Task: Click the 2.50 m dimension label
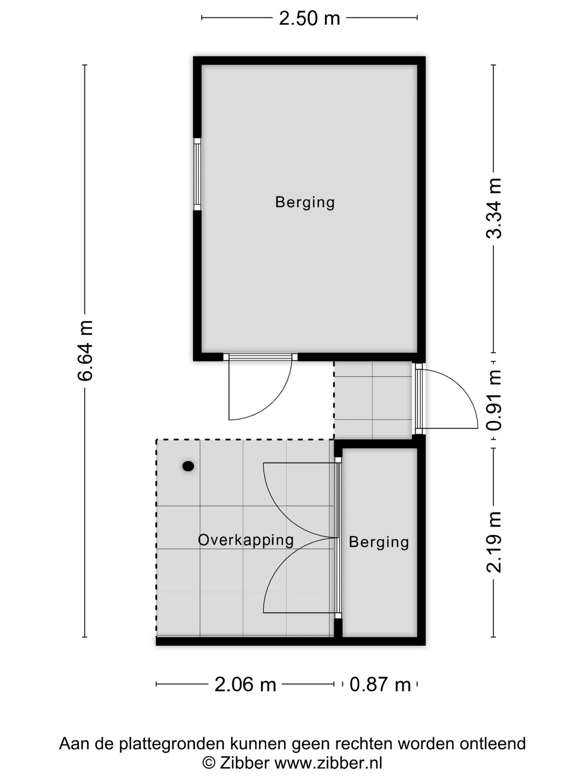click(x=309, y=18)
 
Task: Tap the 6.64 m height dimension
click(x=86, y=351)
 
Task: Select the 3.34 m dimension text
click(x=494, y=208)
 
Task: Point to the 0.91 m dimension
click(x=494, y=400)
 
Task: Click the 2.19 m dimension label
click(x=494, y=542)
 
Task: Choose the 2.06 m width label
click(x=245, y=684)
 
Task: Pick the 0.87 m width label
click(x=380, y=684)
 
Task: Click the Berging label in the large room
click(x=305, y=202)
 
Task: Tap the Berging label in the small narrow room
click(x=379, y=542)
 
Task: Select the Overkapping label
click(x=246, y=540)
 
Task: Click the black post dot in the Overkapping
click(x=188, y=466)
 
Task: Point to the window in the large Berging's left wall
click(x=197, y=174)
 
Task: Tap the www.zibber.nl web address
click(x=328, y=763)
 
